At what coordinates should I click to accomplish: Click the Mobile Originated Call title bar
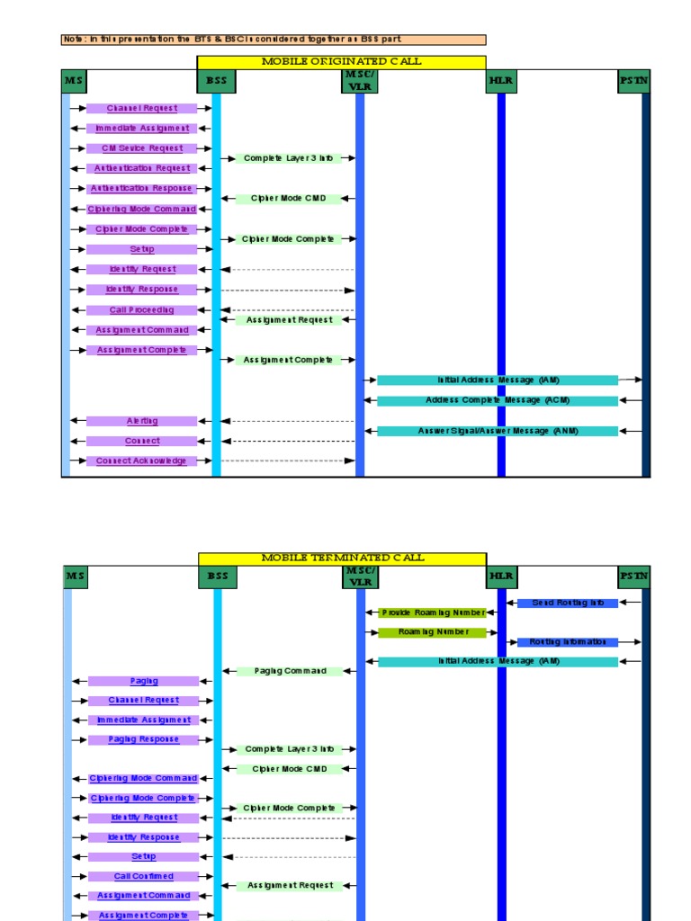[x=341, y=61]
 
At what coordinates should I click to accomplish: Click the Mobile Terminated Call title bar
[x=342, y=558]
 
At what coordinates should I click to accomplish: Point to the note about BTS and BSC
[x=274, y=40]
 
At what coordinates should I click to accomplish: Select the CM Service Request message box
[x=141, y=148]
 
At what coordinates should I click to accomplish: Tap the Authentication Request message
[x=141, y=168]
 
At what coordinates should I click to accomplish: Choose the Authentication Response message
[x=141, y=189]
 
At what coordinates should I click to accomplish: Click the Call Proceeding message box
[x=141, y=310]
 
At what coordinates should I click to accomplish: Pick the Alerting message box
[x=141, y=421]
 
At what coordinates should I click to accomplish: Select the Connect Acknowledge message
[x=141, y=461]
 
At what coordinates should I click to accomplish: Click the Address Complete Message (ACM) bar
[x=498, y=400]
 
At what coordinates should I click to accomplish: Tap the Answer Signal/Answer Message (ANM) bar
[x=498, y=431]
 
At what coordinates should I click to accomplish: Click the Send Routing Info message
[x=567, y=603]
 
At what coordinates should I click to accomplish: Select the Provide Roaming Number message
[x=432, y=613]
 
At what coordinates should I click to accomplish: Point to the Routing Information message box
[x=567, y=642]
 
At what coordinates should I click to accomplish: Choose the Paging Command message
[x=290, y=671]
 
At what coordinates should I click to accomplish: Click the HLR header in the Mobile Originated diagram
[x=500, y=81]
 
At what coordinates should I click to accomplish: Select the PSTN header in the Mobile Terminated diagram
[x=633, y=576]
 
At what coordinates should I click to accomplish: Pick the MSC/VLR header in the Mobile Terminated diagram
[x=359, y=576]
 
